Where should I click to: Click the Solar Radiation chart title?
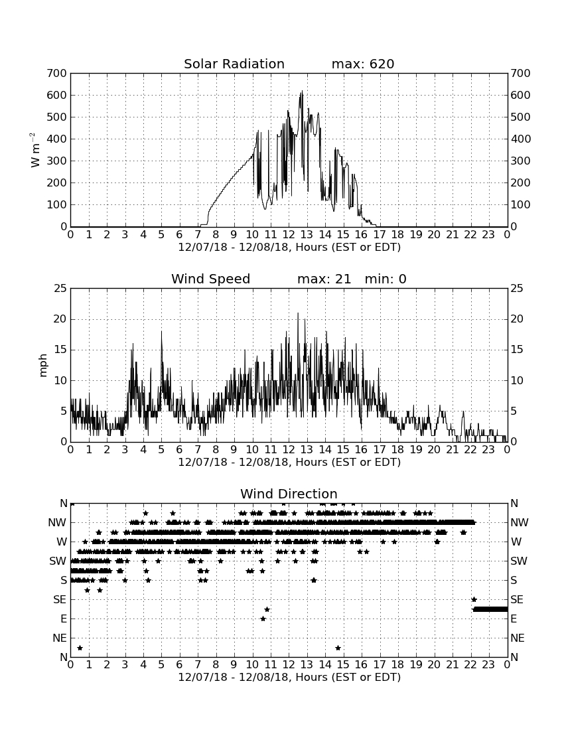234,64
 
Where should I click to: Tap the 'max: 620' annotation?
363,64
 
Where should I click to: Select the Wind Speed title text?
211,279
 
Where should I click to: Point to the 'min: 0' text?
386,279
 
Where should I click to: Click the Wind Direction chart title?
289,494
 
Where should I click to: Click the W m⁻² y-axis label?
35,150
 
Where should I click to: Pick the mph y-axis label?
43,366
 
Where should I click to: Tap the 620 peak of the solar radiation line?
302,92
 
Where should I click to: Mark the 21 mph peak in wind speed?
298,313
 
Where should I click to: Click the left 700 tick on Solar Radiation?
57,73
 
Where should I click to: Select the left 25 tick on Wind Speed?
60,289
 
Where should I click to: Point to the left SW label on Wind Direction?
58,561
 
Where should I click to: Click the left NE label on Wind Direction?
60,638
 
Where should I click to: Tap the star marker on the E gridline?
263,619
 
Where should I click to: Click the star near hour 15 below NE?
338,648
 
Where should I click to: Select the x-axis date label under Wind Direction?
289,677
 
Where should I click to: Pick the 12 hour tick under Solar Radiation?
289,234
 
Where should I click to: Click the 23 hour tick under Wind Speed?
488,449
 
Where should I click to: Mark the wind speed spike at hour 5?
161,331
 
